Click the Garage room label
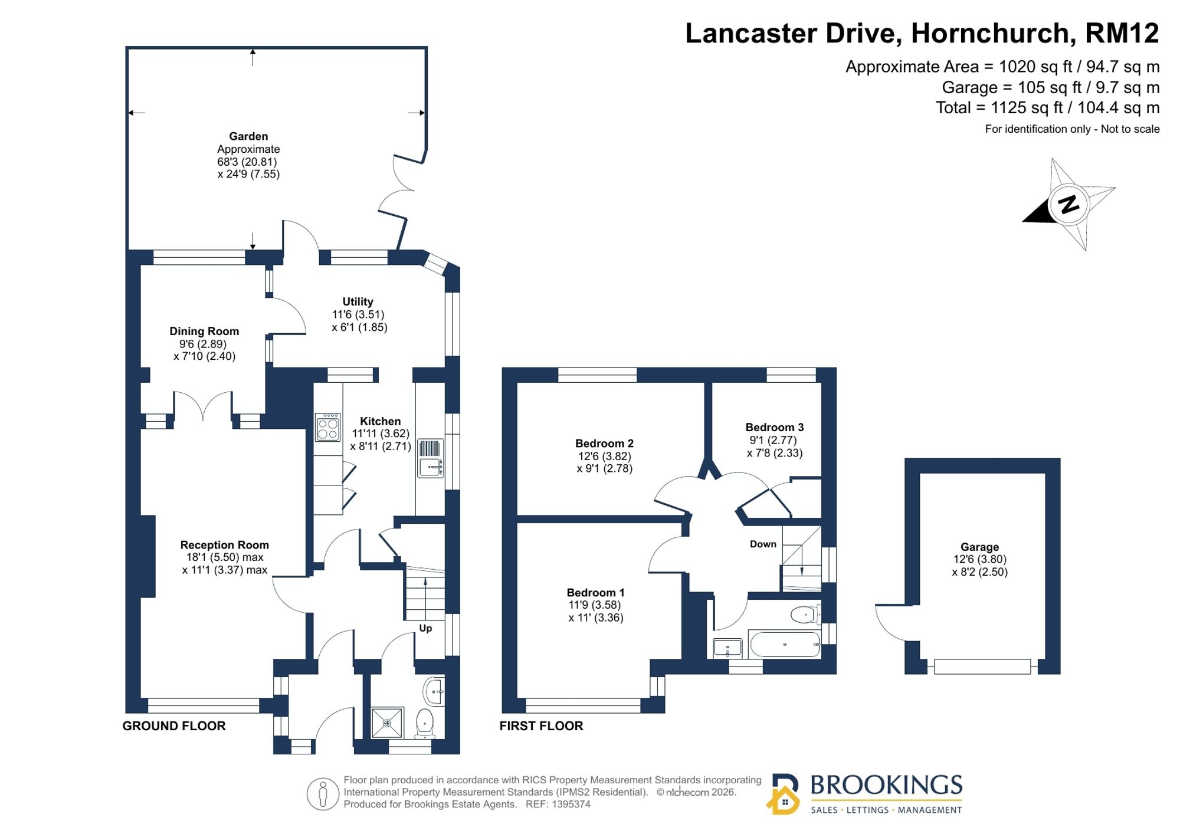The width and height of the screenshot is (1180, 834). (x=979, y=547)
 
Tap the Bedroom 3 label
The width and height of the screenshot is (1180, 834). (x=774, y=427)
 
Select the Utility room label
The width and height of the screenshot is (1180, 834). (x=358, y=301)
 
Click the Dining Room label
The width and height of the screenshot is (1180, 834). (x=204, y=331)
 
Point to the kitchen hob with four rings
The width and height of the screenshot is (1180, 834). (x=328, y=427)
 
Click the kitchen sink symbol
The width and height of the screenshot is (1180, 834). (x=430, y=458)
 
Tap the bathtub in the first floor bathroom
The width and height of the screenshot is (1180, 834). (x=784, y=644)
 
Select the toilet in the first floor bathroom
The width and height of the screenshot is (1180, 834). (x=806, y=615)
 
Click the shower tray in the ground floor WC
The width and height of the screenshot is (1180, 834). (x=387, y=723)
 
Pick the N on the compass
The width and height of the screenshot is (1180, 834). (x=1068, y=204)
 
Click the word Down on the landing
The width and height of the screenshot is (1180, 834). (x=763, y=544)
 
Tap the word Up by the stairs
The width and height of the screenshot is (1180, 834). (x=425, y=628)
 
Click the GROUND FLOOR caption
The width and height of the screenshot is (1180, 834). (x=174, y=726)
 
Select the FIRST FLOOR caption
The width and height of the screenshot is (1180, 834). (x=541, y=726)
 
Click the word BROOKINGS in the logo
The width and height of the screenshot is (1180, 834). (x=886, y=785)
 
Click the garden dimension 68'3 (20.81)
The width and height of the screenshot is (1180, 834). (x=247, y=162)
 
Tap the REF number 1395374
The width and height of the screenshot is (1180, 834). (x=558, y=804)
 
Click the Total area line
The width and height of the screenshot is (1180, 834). (x=1048, y=108)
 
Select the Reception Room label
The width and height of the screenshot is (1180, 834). (x=224, y=545)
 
